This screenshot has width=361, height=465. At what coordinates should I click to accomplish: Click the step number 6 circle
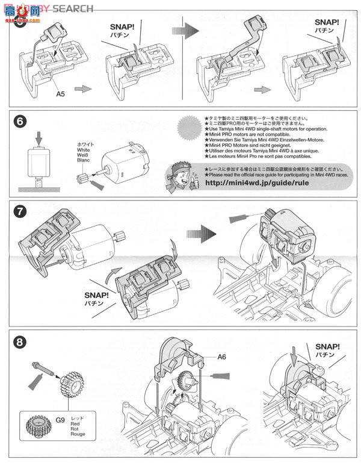pyautogui.click(x=20, y=122)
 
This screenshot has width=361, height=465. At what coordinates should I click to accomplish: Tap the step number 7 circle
pyautogui.click(x=20, y=212)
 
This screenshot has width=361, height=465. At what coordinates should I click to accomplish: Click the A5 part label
pyautogui.click(x=61, y=94)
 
